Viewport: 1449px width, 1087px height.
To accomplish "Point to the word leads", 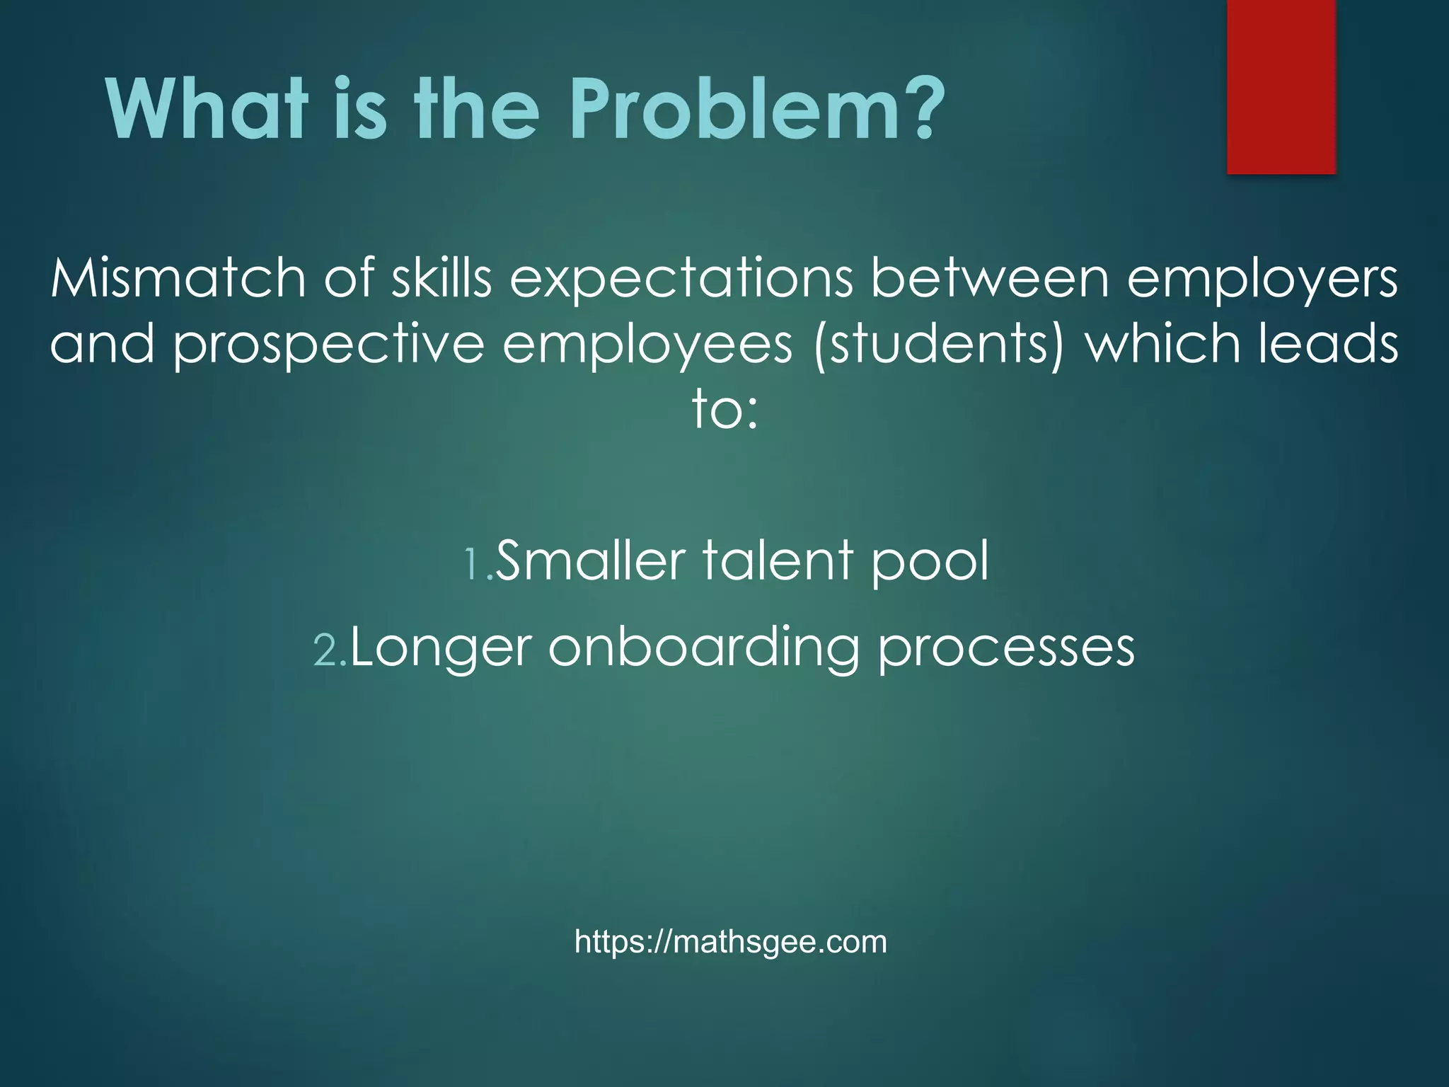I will (x=1327, y=343).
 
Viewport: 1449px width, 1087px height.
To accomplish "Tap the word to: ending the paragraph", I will (x=724, y=410).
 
